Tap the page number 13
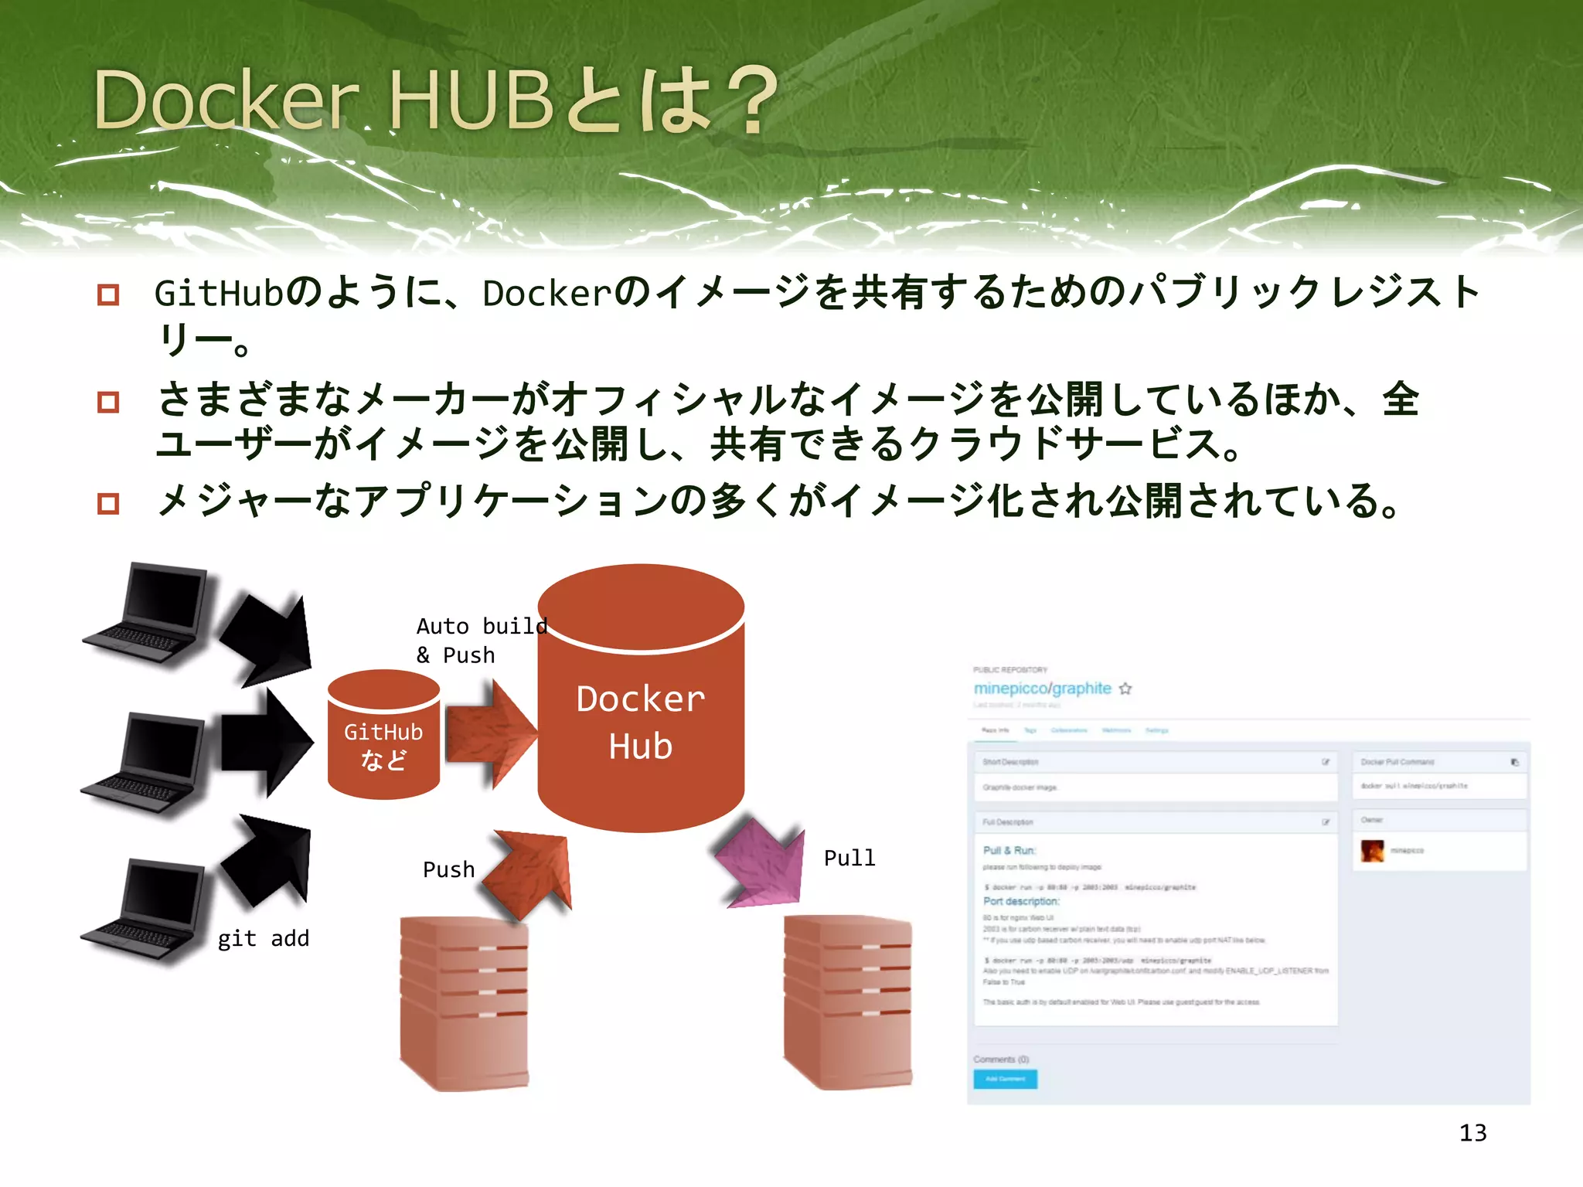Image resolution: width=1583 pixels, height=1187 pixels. pyautogui.click(x=1472, y=1133)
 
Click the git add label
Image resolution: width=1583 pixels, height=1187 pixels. pyautogui.click(x=263, y=938)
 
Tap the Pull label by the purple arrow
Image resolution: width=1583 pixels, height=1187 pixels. pyautogui.click(x=849, y=858)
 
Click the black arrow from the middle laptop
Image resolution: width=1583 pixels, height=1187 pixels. pyautogui.click(x=267, y=742)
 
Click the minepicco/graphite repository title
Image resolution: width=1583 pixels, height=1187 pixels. pyautogui.click(x=1042, y=688)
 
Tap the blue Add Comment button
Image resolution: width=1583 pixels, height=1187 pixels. pyautogui.click(x=1005, y=1079)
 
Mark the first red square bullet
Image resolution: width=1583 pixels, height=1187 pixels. pyautogui.click(x=108, y=294)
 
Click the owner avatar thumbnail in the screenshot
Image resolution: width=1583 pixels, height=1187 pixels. pyautogui.click(x=1372, y=851)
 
